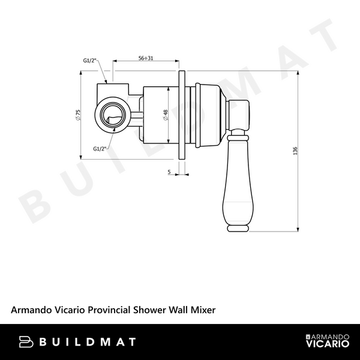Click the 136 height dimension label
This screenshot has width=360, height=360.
coord(295,152)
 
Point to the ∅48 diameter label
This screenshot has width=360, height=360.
coord(165,116)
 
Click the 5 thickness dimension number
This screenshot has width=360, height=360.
coord(169,172)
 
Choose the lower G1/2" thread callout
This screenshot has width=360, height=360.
coord(100,148)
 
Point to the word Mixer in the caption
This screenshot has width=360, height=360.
coord(202,310)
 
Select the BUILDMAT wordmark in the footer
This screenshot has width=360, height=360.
coord(88,342)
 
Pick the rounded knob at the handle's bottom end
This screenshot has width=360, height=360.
coord(238,227)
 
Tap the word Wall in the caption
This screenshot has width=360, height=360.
coord(178,310)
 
